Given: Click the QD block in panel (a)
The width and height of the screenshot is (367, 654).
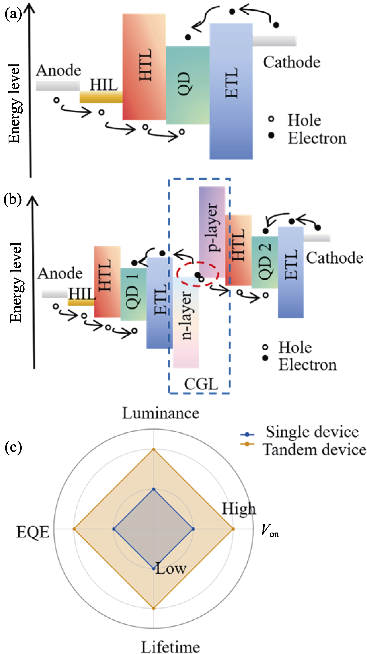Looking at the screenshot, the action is (x=188, y=85).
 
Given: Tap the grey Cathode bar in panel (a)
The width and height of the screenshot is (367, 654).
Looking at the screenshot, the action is (x=274, y=41).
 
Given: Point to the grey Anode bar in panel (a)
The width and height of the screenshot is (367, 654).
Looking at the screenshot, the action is (x=58, y=86).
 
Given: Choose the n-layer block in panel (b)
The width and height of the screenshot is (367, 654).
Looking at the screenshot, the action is (x=186, y=322).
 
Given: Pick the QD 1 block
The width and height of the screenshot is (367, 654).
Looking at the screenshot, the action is (x=134, y=294).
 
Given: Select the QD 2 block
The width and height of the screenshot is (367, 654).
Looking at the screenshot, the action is (x=265, y=262).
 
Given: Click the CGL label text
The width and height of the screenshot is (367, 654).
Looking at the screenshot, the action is (x=201, y=384).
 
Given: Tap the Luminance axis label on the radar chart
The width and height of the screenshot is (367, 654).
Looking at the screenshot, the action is (x=161, y=413).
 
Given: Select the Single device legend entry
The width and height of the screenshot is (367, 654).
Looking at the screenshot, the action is (x=300, y=432).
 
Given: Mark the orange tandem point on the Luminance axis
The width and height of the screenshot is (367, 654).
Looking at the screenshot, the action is (x=154, y=449).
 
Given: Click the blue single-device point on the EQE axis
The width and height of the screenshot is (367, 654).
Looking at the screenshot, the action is (x=114, y=529).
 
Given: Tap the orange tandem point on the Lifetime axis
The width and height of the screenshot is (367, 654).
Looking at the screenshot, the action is (x=154, y=608).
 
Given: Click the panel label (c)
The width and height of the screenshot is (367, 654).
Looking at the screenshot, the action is (x=13, y=448).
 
